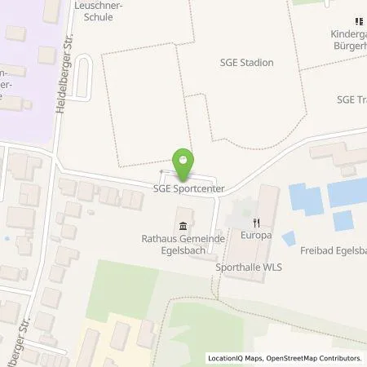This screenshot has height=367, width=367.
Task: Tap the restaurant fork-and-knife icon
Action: tap(255, 222)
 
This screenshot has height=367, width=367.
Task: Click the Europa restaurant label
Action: tap(255, 235)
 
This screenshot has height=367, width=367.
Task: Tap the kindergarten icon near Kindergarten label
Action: tap(357, 21)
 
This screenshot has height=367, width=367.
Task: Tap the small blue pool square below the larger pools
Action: tap(343, 220)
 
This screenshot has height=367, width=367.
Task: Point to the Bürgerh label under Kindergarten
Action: tap(346, 46)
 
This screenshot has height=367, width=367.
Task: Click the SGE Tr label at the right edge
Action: tap(351, 99)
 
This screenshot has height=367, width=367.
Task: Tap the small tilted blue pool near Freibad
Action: tap(289, 238)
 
